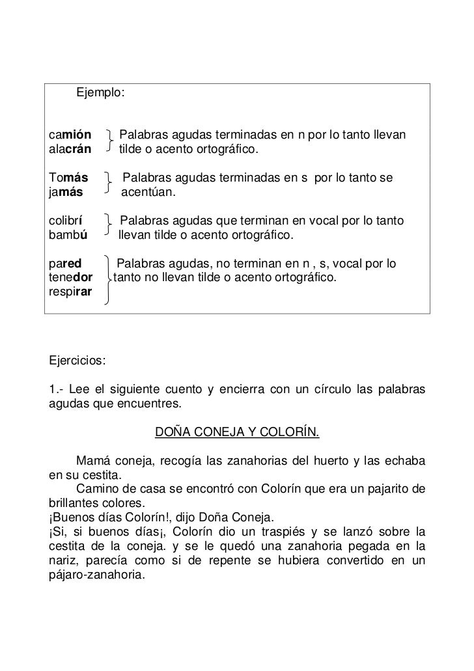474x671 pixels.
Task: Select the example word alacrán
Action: pos(70,150)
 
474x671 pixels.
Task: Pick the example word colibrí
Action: pos(65,221)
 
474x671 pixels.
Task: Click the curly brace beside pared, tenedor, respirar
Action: pos(105,280)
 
